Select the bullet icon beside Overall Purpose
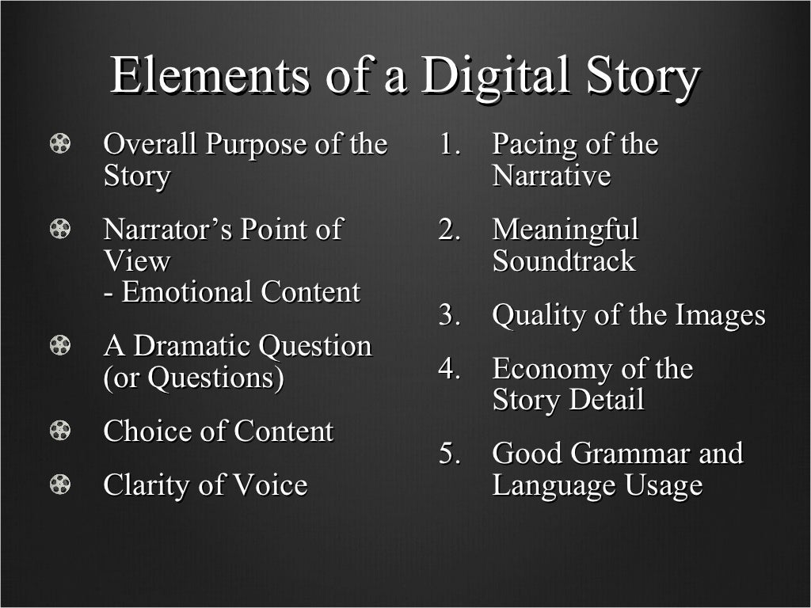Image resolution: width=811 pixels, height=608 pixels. [60, 144]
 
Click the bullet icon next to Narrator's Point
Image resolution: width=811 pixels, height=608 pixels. [60, 230]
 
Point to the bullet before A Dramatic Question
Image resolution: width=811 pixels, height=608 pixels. [60, 346]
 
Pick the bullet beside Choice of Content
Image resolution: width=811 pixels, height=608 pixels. [60, 431]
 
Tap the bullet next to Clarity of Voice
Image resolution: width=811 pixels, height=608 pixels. [60, 484]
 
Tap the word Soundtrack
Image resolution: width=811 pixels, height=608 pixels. [563, 261]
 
